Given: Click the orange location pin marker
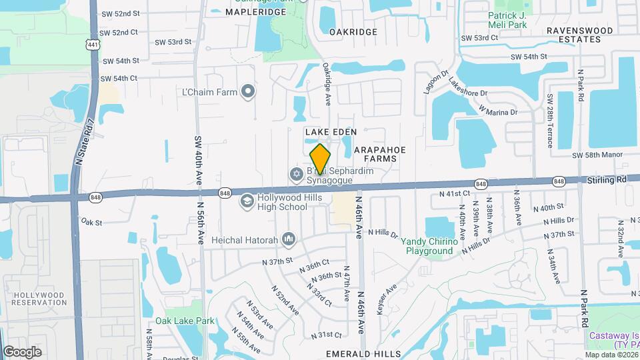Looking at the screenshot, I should coord(320,159).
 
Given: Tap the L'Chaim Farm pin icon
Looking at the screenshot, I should coord(248,91).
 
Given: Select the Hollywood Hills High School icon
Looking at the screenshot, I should coord(247,201).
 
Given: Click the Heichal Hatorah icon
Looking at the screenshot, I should coord(289,238).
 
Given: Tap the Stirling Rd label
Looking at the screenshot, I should coord(607,179).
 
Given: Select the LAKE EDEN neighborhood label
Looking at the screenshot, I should coord(331,132).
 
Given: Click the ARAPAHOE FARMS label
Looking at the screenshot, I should coord(375,154).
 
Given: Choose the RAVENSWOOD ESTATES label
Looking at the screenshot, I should coord(579,35).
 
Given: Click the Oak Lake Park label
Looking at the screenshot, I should coord(185,321).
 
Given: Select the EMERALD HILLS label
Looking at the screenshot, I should coord(363,353).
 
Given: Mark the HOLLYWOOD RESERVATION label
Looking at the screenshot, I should coord(39,298).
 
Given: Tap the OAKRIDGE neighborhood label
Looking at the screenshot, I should coord(353,31).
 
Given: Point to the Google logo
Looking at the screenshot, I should coord(21,351).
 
